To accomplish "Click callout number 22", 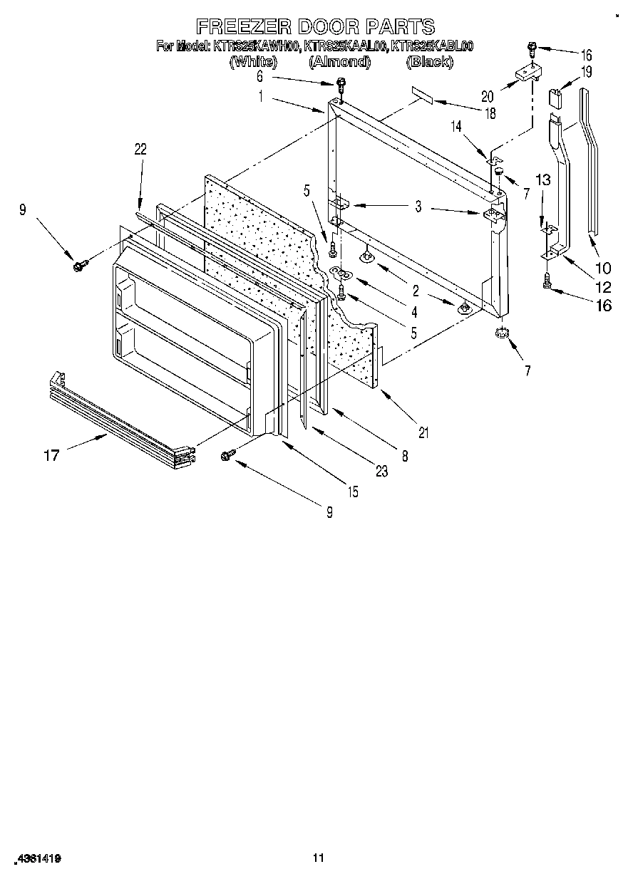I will [x=140, y=149].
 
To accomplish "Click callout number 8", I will [x=404, y=457].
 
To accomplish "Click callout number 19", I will [x=586, y=71].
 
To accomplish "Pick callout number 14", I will [x=456, y=125].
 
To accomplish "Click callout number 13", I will [x=544, y=180].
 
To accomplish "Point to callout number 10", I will [x=603, y=268].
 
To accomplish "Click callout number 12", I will [x=603, y=288].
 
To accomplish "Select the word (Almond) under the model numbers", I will [x=339, y=62].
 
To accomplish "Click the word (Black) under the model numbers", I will [x=429, y=62].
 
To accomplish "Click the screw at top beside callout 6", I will [x=340, y=85].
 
